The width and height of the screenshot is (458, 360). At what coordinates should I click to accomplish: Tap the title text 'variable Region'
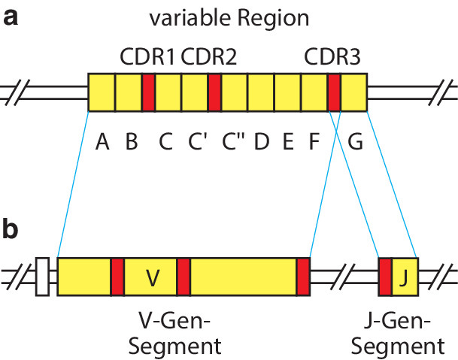tap(229, 19)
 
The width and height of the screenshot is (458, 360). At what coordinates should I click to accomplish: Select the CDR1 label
tap(149, 57)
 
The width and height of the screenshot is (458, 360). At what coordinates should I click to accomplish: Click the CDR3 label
tap(333, 57)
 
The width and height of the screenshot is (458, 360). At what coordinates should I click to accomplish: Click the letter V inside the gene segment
tap(152, 277)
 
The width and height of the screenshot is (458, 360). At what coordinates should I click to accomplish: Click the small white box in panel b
tap(42, 277)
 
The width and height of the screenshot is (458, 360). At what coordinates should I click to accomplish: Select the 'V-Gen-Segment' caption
tap(175, 335)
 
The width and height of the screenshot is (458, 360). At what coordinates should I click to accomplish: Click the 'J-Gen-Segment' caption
tap(399, 335)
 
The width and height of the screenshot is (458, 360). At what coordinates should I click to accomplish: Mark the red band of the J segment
tap(385, 277)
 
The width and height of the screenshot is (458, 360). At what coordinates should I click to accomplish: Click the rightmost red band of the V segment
tap(303, 277)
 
